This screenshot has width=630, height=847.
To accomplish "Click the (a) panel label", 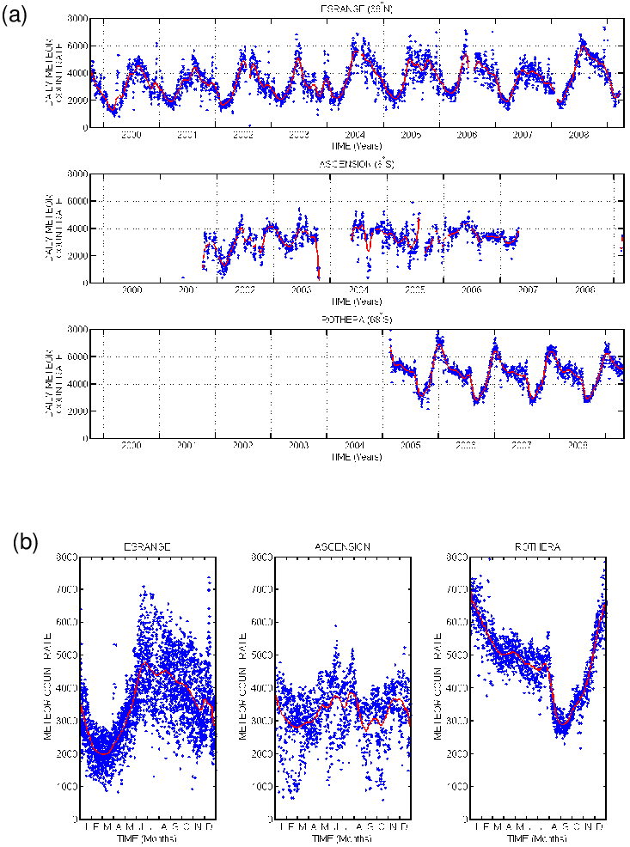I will click(x=15, y=15).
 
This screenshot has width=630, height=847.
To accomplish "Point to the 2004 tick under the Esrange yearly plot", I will click(x=354, y=135).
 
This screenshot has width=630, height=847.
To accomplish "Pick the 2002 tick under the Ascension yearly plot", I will click(x=242, y=290).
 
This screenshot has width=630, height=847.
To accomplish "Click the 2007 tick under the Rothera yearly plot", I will click(x=522, y=446).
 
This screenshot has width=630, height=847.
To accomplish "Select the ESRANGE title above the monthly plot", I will click(x=147, y=546).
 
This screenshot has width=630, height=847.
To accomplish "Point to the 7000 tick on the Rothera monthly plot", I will click(x=456, y=589).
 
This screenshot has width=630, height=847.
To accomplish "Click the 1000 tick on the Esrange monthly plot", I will click(x=64, y=785).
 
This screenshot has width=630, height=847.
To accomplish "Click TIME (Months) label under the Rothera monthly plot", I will click(x=538, y=838).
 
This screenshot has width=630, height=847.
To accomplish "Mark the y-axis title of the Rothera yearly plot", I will click(x=51, y=383).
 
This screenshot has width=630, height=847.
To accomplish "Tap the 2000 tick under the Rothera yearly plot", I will click(x=131, y=446).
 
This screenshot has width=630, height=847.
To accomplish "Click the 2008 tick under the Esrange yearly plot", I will click(x=578, y=135).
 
